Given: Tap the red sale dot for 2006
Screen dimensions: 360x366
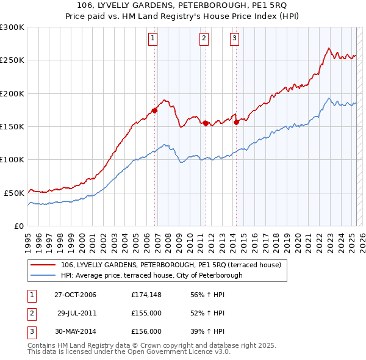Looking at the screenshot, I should pos(154,110).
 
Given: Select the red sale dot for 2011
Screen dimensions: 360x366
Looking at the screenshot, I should pos(206,123).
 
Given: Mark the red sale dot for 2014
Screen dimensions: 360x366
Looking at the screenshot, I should pos(236,122).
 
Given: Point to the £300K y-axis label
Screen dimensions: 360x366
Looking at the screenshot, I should pos(12,27).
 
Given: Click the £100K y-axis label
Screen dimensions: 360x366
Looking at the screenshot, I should pos(12,159).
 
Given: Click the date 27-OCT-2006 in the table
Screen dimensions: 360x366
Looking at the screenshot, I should pos(75,295).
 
